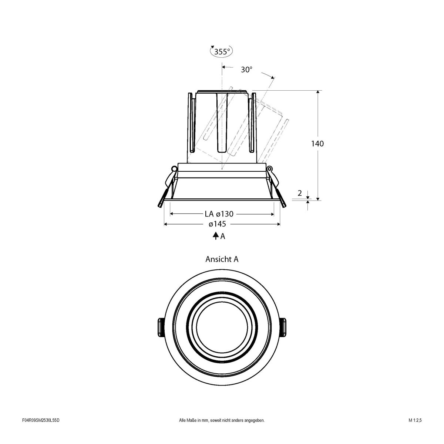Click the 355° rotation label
(x=222, y=51)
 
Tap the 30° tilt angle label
(x=246, y=70)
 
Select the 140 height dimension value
(x=317, y=144)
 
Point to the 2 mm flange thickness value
(x=299, y=193)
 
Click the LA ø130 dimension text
(x=219, y=214)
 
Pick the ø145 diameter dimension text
(x=217, y=224)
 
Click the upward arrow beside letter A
(x=215, y=236)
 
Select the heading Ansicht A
(x=222, y=259)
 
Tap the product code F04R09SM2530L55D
(x=41, y=431)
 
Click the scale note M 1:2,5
(x=415, y=431)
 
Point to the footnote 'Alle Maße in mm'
(x=222, y=431)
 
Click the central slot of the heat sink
(x=221, y=122)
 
